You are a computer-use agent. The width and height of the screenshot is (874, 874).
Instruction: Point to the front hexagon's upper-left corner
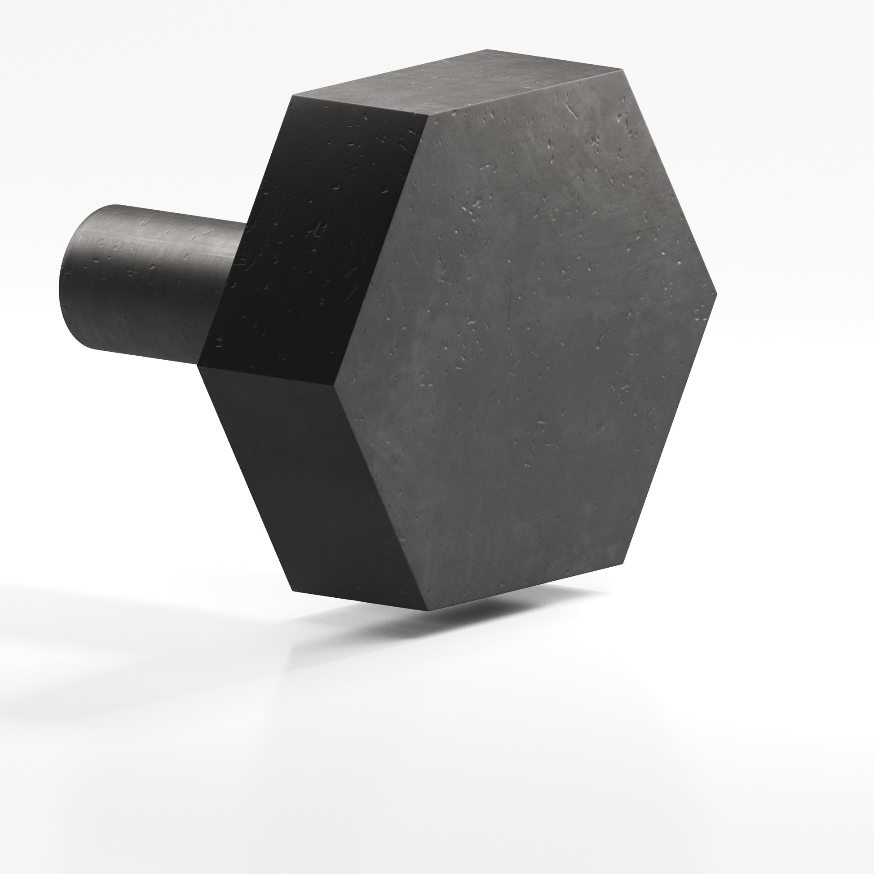[x=428, y=115]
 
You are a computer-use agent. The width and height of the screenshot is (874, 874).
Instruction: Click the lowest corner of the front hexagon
[x=428, y=610]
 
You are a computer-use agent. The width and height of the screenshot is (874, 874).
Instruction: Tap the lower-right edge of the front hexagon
[x=670, y=428]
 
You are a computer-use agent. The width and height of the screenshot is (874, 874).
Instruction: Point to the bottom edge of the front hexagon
[x=525, y=587]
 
